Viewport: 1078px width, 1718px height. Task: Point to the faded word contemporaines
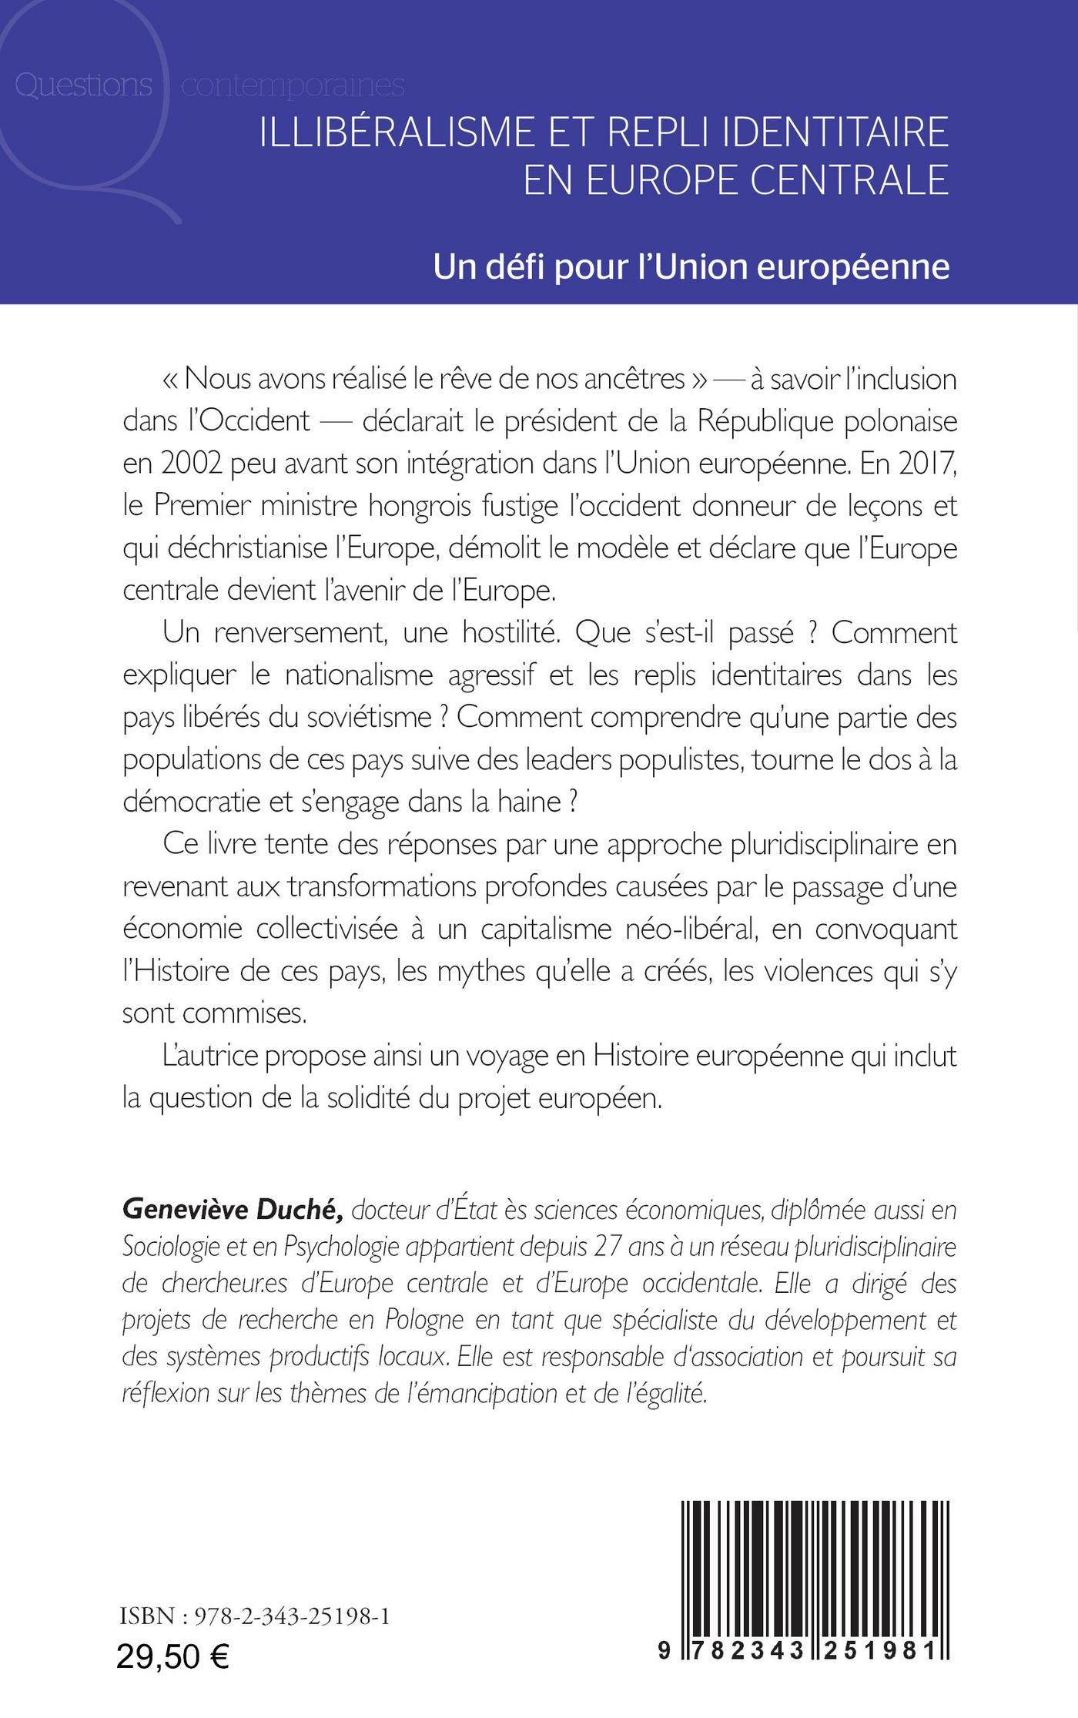point(293,85)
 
